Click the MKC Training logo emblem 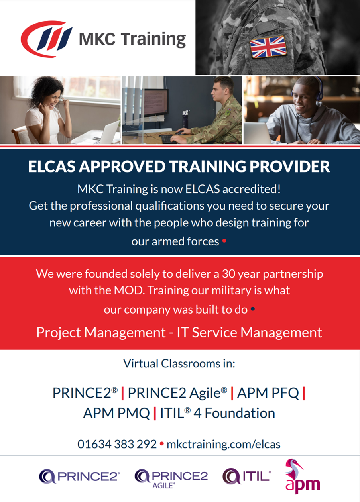point(46,39)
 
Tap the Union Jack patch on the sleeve point(268,47)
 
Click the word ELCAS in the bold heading point(52,166)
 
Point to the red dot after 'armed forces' point(224,241)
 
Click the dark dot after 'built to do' point(253,309)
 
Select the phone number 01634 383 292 point(117,444)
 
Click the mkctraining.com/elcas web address point(224,445)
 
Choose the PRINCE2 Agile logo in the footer point(171,478)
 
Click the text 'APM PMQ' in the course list point(116,413)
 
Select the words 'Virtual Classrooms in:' point(179,363)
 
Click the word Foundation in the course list point(240,413)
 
